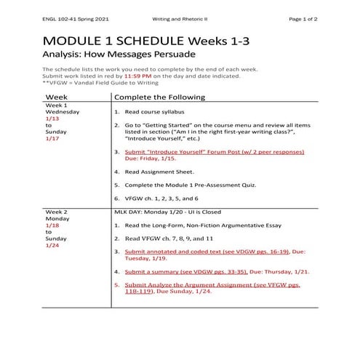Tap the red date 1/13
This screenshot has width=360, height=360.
pyautogui.click(x=52, y=118)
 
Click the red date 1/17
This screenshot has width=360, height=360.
pyautogui.click(x=52, y=137)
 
